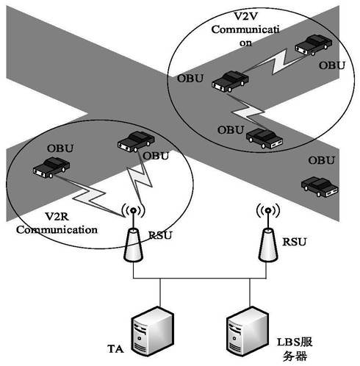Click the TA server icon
pos(152,331)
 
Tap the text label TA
pos(115,349)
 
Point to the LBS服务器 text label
pos(295,349)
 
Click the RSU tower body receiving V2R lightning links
pos(133,245)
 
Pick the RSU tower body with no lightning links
pos(268,245)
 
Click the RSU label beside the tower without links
pos(295,242)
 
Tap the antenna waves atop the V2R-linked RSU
pos(133,210)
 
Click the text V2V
pos(245,16)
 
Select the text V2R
pos(57,217)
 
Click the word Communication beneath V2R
pos(57,230)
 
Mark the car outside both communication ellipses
pos(320,187)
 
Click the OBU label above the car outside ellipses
pos(321,160)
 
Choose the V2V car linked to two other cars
pos(230,82)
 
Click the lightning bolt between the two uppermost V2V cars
pos(276,63)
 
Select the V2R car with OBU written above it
pos(51,168)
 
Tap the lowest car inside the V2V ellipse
pos(264,139)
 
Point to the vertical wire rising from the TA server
pos(160,293)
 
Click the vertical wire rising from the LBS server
pos(250,293)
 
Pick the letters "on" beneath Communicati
pos(245,43)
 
